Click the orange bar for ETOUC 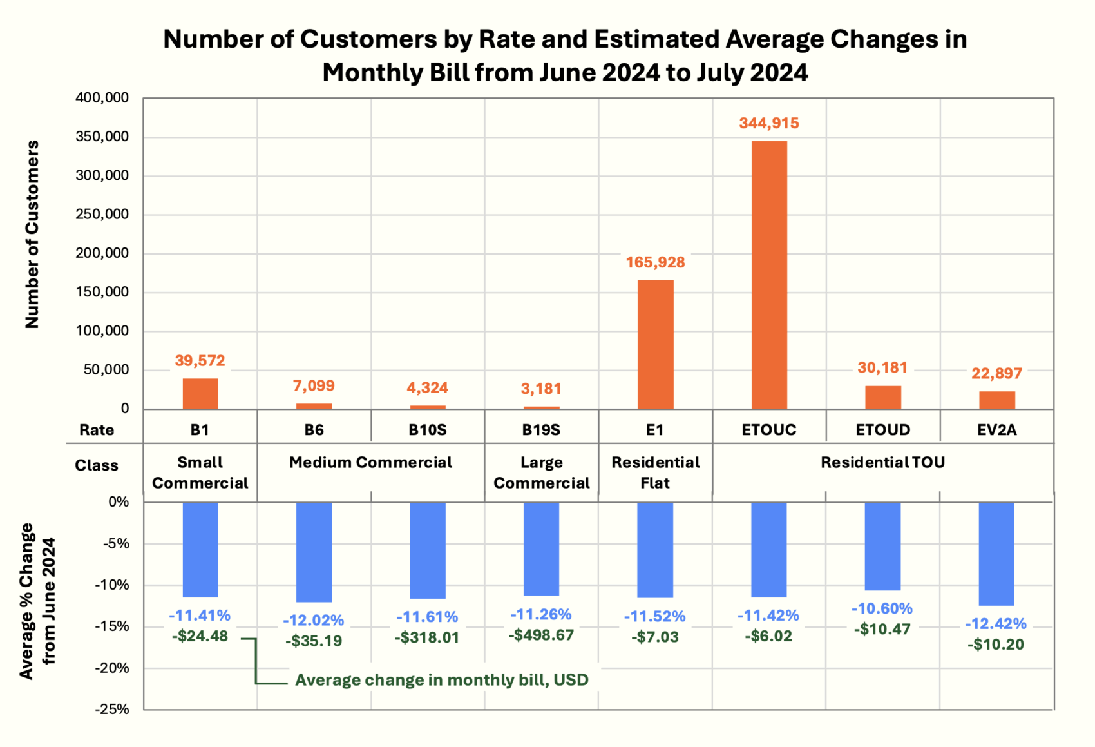click(769, 275)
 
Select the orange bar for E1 click(655, 344)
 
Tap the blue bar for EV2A click(996, 554)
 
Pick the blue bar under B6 click(314, 552)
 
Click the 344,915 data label click(769, 123)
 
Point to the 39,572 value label click(200, 360)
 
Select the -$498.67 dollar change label click(541, 635)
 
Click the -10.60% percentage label click(882, 608)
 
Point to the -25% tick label click(112, 709)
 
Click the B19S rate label click(541, 430)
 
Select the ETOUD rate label click(882, 430)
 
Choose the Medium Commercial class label click(370, 463)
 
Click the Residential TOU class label click(882, 463)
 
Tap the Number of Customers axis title click(32, 235)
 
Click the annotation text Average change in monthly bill click(441, 680)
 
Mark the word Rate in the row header click(97, 430)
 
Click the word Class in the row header click(97, 465)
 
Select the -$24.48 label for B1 click(200, 636)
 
